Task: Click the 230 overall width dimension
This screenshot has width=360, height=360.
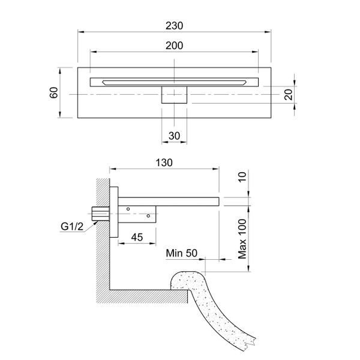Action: [174, 26]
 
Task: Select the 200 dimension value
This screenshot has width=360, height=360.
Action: [174, 46]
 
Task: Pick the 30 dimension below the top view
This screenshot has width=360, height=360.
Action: [174, 136]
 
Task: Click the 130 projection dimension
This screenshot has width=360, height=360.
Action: [164, 163]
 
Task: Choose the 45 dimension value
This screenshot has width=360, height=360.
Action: [137, 237]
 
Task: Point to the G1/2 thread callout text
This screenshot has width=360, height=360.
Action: [72, 226]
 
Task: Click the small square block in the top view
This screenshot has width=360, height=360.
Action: [175, 95]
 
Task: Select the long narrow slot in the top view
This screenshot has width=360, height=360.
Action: [174, 82]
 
